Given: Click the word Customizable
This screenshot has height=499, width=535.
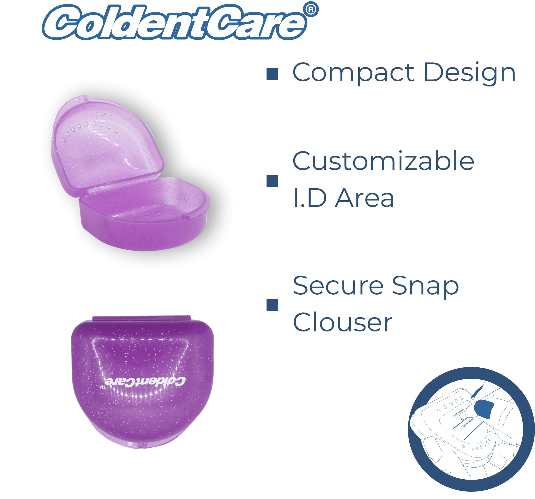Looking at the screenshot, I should click(x=383, y=161).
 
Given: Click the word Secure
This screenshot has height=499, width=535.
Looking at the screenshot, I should click(x=338, y=286).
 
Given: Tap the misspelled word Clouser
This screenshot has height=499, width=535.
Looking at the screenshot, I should click(x=342, y=322).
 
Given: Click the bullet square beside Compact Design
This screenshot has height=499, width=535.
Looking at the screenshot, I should click(x=272, y=74).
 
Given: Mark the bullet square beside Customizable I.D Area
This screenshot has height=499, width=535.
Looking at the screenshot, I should click(x=272, y=181).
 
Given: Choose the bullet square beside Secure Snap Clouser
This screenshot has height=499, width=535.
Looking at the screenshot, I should click(x=272, y=305).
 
